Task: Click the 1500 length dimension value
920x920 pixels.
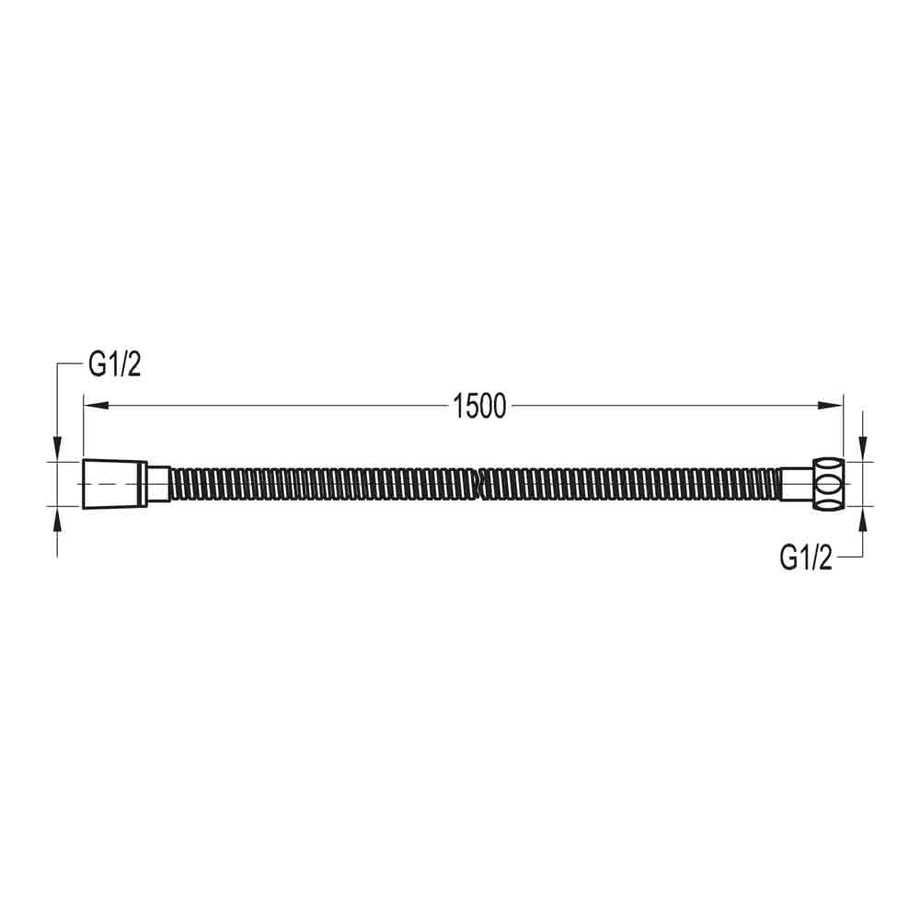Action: point(479,405)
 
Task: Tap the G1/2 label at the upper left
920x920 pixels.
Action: point(114,365)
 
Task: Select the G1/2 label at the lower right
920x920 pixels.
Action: point(806,557)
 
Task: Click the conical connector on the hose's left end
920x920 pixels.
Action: point(112,482)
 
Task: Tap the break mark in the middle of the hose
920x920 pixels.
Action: point(478,482)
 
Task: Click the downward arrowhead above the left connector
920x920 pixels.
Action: point(58,449)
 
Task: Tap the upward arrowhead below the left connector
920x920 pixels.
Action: point(58,518)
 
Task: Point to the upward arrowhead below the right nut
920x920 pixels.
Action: point(862,517)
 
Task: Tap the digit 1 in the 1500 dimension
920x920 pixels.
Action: point(457,405)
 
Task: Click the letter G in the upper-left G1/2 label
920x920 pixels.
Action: point(98,365)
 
